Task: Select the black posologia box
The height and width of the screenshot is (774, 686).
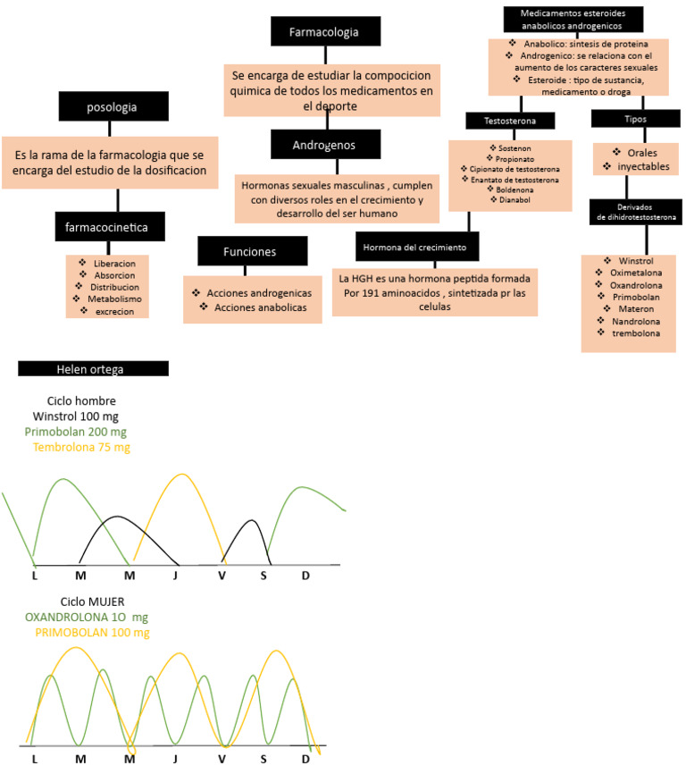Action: [x=112, y=107]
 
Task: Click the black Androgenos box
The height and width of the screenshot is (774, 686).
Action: [x=324, y=144]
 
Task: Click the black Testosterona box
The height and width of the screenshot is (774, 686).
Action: [x=510, y=120]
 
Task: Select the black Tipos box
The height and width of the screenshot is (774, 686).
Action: [x=635, y=119]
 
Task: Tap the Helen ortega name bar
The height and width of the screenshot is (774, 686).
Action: [x=93, y=368]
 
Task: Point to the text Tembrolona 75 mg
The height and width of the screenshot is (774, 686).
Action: [x=81, y=447]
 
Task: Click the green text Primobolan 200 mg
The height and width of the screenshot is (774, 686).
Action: [x=76, y=432]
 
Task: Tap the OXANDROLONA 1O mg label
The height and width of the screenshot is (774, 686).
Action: [x=88, y=617]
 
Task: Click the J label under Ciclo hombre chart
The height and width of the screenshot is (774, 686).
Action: [x=175, y=575]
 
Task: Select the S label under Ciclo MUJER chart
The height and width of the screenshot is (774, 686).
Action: [x=264, y=759]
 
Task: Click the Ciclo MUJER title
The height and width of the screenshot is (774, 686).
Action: [x=92, y=601]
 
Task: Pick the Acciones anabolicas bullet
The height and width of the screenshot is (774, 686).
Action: [x=256, y=307]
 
